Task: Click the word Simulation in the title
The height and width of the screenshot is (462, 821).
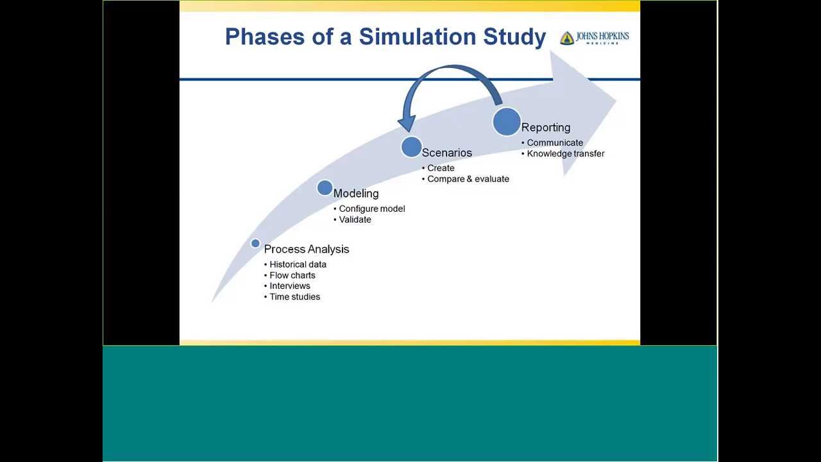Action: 425,37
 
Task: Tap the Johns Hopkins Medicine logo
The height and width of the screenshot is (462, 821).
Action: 594,38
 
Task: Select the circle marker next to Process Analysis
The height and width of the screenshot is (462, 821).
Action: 255,243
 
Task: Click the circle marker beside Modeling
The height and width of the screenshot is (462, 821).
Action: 325,188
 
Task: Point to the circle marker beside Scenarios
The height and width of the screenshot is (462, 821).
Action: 411,147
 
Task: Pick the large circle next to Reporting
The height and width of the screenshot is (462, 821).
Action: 507,122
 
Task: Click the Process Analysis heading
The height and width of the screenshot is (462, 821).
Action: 307,249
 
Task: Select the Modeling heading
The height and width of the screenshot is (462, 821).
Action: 356,193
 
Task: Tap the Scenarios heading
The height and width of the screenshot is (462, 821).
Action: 447,153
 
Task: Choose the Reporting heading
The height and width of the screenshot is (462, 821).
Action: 546,127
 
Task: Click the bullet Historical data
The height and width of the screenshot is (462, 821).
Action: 298,264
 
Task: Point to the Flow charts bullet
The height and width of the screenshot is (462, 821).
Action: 292,275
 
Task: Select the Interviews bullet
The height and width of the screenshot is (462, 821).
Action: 290,286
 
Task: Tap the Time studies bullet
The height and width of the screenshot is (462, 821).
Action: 295,297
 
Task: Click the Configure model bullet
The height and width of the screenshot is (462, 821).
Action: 372,209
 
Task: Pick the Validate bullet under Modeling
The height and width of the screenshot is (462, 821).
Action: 355,219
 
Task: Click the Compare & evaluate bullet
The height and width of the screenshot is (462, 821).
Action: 468,179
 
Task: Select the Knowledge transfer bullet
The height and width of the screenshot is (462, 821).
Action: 566,154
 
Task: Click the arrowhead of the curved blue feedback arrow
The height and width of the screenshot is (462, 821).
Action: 407,123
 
